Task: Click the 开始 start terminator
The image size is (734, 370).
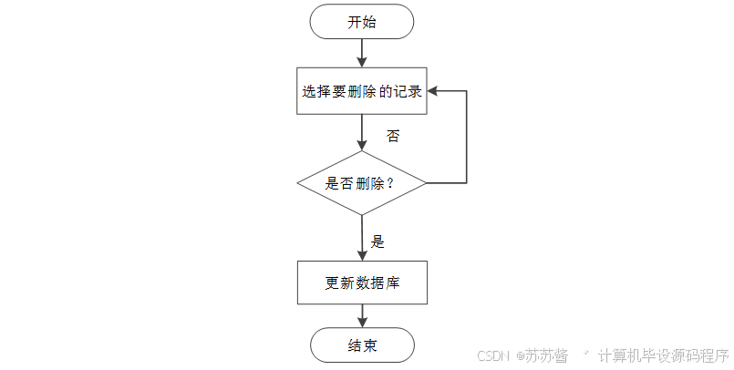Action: pyautogui.click(x=362, y=22)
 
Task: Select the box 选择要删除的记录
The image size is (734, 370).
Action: pyautogui.click(x=362, y=91)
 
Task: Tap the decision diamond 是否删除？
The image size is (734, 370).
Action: pyautogui.click(x=362, y=182)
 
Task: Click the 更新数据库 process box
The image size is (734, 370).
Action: pyautogui.click(x=362, y=283)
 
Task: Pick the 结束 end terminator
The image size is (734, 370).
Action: pyautogui.click(x=362, y=346)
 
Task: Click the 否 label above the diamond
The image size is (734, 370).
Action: pyautogui.click(x=393, y=136)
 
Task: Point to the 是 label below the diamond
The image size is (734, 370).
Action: pyautogui.click(x=377, y=242)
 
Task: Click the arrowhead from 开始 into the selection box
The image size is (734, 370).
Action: pyautogui.click(x=362, y=61)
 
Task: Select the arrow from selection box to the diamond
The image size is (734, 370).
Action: pyautogui.click(x=362, y=132)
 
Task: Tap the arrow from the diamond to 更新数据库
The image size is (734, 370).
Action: pyautogui.click(x=362, y=239)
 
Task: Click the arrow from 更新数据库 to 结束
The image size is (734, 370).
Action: pyautogui.click(x=362, y=316)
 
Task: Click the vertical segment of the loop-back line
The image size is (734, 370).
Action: pyautogui.click(x=467, y=137)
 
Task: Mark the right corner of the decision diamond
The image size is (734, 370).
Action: pyautogui.click(x=426, y=182)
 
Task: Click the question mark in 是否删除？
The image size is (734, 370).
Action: pyautogui.click(x=390, y=182)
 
